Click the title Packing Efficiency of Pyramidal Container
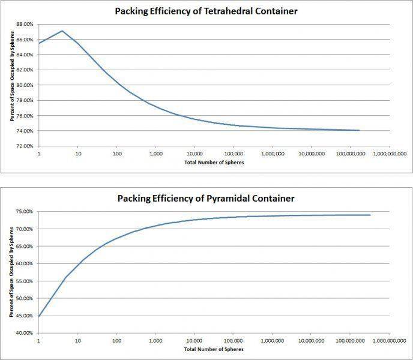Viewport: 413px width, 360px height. pyautogui.click(x=207, y=197)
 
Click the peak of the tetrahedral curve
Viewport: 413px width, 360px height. pyautogui.click(x=62, y=31)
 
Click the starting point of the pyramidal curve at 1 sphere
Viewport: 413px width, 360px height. pyautogui.click(x=39, y=316)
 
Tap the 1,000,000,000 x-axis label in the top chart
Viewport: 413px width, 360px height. pyautogui.click(x=388, y=154)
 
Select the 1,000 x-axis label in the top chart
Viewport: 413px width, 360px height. pyautogui.click(x=155, y=154)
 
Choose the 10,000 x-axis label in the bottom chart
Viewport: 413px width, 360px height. pyautogui.click(x=194, y=341)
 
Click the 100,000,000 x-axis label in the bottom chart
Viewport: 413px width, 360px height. pyautogui.click(x=349, y=341)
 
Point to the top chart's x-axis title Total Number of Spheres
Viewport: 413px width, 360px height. pyautogui.click(x=214, y=163)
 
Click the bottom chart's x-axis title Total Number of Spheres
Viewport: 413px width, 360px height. pyautogui.click(x=214, y=349)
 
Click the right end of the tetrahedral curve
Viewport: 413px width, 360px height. pyautogui.click(x=359, y=130)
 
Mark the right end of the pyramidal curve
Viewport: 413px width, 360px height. pyautogui.click(x=370, y=215)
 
